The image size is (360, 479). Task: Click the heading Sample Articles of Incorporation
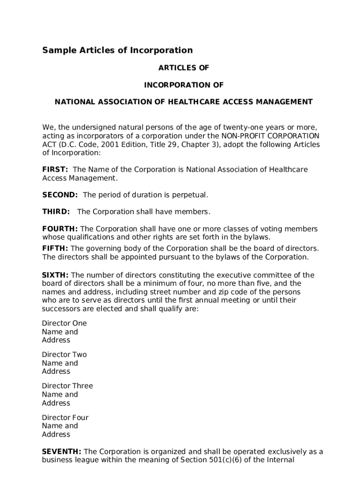click(117, 50)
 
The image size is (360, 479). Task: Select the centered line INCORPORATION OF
click(183, 85)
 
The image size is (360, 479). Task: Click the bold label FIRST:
click(55, 169)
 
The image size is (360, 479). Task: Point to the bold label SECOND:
click(60, 195)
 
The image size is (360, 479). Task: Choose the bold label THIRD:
click(56, 211)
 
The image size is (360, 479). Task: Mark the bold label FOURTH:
click(60, 229)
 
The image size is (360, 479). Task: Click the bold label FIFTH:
click(55, 248)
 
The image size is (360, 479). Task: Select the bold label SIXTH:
click(55, 275)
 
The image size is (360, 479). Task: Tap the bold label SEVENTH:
click(62, 451)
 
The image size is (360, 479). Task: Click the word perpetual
click(191, 195)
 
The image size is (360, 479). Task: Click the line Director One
click(64, 323)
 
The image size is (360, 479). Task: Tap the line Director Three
click(67, 386)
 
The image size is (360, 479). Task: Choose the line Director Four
click(65, 417)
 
